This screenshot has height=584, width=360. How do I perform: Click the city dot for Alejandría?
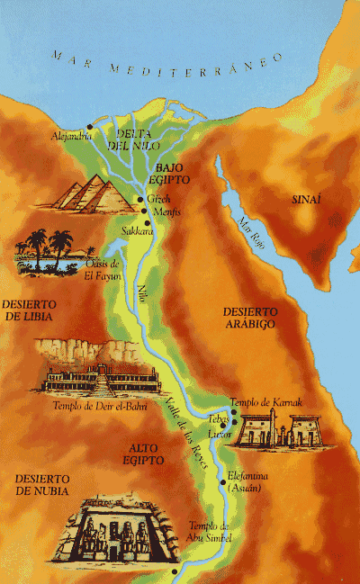click(89, 127)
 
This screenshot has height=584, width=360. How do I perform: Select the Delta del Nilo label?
click(129, 139)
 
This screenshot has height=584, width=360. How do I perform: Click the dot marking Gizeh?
click(139, 200)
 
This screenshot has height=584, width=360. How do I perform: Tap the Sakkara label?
click(137, 230)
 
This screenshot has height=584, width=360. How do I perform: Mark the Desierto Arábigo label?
click(248, 317)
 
